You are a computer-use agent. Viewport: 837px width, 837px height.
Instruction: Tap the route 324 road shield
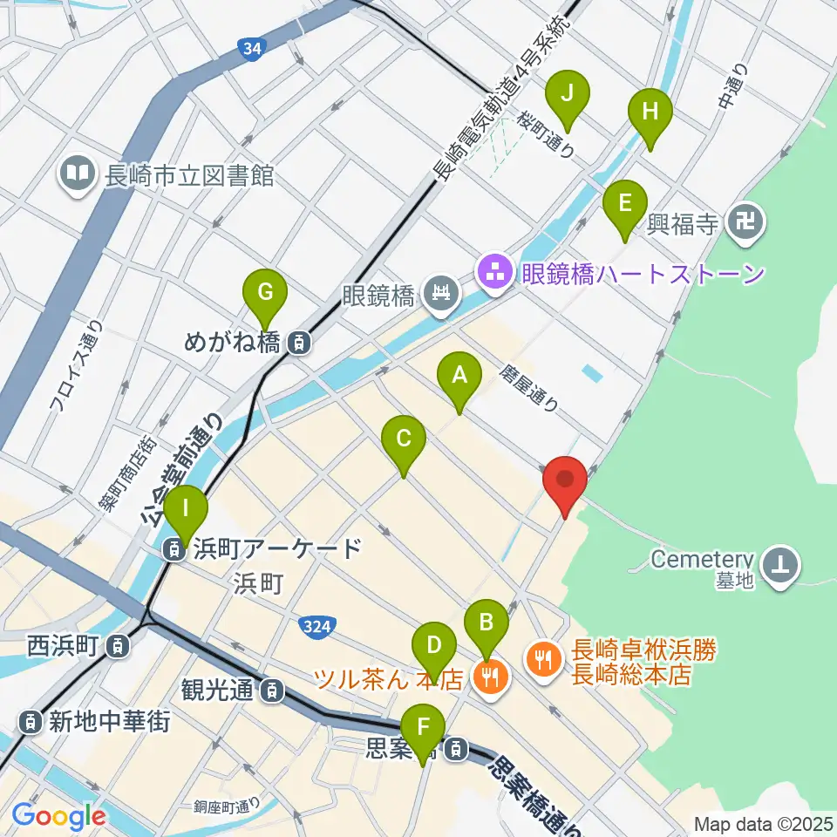pyautogui.click(x=316, y=625)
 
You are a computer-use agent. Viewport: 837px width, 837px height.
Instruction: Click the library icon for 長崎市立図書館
pyautogui.click(x=78, y=171)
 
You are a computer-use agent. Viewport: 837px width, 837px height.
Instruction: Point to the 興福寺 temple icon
pyautogui.click(x=747, y=224)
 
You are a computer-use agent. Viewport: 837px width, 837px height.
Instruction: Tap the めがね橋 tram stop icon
pyautogui.click(x=298, y=343)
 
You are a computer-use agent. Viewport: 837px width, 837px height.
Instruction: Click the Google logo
pyautogui.click(x=58, y=816)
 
